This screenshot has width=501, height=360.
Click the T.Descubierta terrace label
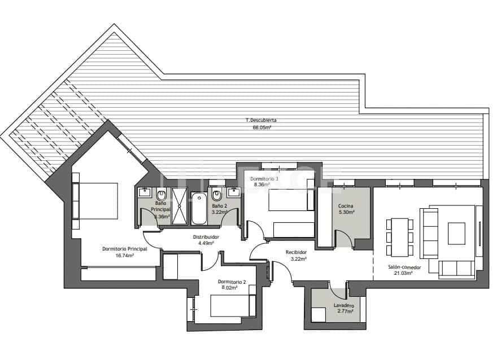coord(261,120)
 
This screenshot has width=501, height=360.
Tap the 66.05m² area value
coord(262,128)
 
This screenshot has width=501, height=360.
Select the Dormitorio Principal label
coord(124,248)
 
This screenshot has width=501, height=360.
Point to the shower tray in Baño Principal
coord(180,206)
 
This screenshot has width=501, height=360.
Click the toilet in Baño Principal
coord(161,196)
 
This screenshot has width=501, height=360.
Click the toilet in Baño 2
coord(217,196)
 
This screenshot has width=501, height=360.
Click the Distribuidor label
coord(206,237)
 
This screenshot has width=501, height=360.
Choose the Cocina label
coord(346,206)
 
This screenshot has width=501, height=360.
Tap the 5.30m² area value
coord(346,213)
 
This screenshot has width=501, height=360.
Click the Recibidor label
coord(296,252)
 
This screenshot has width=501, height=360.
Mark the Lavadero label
coord(343,306)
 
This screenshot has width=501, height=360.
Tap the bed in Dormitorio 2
coord(229,306)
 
